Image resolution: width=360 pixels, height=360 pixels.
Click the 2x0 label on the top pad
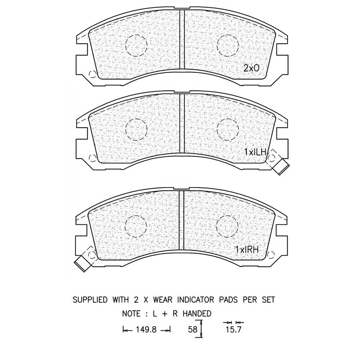(251, 68)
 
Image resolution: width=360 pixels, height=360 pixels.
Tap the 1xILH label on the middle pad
(255, 152)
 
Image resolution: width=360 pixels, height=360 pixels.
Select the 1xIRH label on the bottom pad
(247, 250)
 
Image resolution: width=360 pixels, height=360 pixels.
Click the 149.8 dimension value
(146, 330)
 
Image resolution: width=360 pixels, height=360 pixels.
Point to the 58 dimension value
(193, 330)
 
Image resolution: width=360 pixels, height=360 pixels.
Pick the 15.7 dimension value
(234, 330)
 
